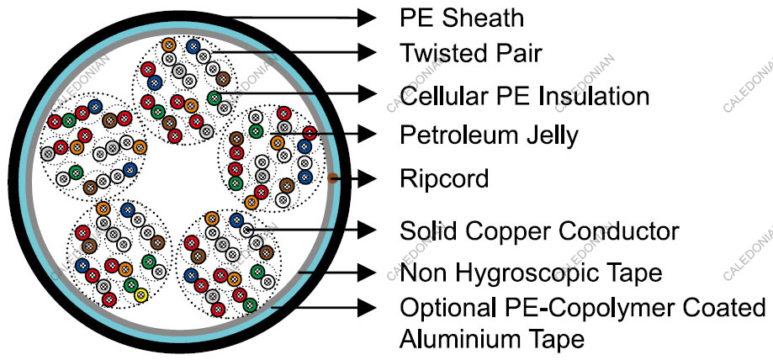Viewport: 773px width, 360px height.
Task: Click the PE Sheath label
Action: coord(462,17)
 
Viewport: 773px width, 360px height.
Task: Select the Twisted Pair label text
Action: coord(471,53)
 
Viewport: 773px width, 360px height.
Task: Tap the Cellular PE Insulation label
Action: coord(524,95)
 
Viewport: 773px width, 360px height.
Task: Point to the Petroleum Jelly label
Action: coord(489,135)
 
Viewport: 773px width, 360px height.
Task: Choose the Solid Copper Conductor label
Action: coord(539,230)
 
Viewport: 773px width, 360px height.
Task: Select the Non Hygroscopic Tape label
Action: coord(531,273)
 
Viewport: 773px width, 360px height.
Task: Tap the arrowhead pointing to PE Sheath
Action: coord(365,17)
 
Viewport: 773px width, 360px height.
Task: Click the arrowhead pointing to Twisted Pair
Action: coord(365,52)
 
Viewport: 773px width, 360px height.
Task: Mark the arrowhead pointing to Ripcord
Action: coord(365,178)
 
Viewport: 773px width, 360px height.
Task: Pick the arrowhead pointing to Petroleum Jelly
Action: coord(365,133)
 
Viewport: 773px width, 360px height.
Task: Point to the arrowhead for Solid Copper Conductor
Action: coord(365,229)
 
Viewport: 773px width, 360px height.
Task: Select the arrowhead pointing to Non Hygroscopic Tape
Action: coord(365,273)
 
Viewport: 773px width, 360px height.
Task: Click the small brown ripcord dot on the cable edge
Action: coord(333,178)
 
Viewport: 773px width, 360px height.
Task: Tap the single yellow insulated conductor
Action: coord(141,295)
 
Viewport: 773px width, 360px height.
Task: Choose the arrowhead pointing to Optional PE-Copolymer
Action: coord(365,308)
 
